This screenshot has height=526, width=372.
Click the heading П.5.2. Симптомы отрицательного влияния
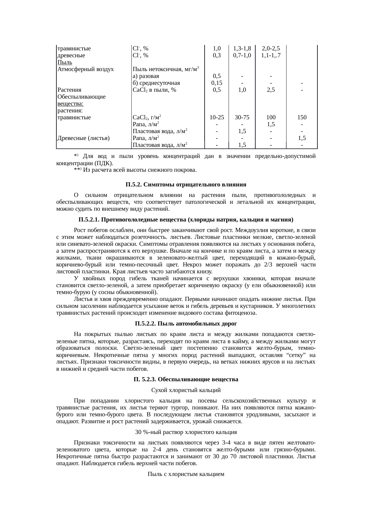pos(186,184)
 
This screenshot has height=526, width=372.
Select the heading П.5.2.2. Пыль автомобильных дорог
pos(186,324)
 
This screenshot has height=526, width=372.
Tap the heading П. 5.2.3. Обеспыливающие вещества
pos(186,379)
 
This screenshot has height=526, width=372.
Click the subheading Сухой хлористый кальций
pos(186,390)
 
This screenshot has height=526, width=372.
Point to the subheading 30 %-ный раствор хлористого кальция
pos(186,432)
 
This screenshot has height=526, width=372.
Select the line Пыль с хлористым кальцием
pos(186,474)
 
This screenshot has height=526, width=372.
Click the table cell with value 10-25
pos(217,117)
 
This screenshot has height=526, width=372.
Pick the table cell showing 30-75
pos(242,117)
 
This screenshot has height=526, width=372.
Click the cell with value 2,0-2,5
pos(271,48)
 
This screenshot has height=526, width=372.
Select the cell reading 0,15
pos(217,83)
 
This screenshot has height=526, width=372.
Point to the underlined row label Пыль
pos(64,62)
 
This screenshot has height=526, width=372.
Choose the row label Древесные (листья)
pos(83,138)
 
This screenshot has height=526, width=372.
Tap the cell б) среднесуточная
pos(156,83)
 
